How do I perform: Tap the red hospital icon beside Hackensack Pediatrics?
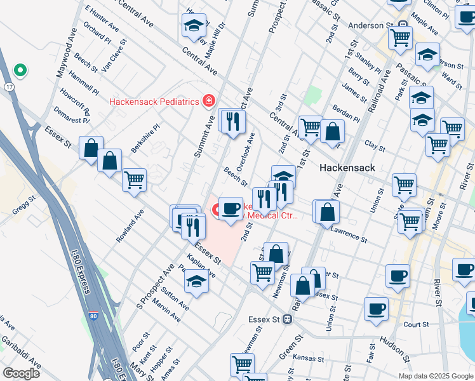pos(207,101)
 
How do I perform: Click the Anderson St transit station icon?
pos(403,25)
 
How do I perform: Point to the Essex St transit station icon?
pos(288,319)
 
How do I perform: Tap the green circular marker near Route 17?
pos(20,70)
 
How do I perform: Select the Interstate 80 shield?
pos(94,316)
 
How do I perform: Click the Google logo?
pos(21,373)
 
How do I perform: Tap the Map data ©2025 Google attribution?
pos(436,376)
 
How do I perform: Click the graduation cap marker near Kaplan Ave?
pos(197,282)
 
